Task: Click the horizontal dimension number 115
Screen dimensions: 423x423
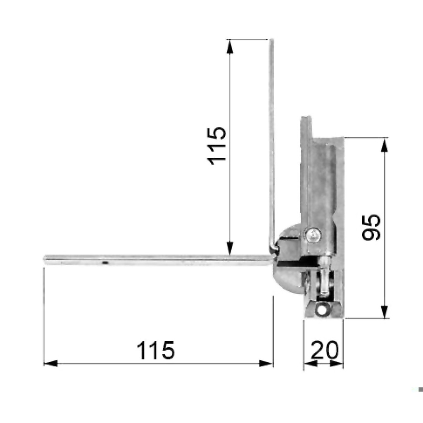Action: click(x=156, y=351)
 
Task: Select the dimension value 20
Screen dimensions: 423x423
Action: click(x=324, y=350)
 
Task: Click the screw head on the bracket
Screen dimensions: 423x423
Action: click(x=313, y=236)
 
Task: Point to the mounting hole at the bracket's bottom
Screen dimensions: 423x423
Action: click(x=322, y=308)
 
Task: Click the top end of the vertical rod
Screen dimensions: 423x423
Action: click(x=271, y=41)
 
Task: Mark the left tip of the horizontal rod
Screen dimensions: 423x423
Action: click(x=45, y=259)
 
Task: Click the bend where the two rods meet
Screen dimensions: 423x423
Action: click(x=273, y=250)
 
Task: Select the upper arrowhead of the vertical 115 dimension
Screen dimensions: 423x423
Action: click(x=230, y=46)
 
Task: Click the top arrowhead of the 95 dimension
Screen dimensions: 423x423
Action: click(x=385, y=144)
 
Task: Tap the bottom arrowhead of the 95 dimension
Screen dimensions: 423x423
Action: click(x=385, y=312)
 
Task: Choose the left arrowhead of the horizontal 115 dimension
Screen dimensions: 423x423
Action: click(x=50, y=364)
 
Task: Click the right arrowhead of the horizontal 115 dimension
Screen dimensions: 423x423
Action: click(x=266, y=364)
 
